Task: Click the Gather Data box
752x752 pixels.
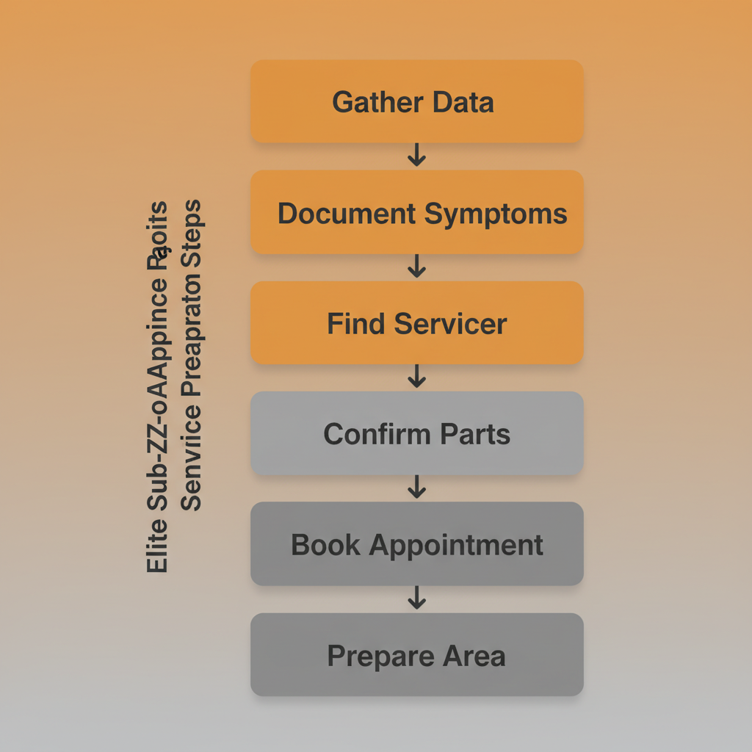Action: tap(416, 101)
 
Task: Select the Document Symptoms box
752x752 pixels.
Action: tap(416, 213)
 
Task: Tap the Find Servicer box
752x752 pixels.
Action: tap(416, 323)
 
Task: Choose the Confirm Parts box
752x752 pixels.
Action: tap(416, 434)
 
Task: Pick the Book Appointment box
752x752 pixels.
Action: tap(416, 544)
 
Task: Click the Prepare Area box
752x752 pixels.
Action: tap(416, 655)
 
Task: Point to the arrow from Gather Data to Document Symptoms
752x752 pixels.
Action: tap(416, 155)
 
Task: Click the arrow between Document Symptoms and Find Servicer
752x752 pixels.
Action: tap(416, 266)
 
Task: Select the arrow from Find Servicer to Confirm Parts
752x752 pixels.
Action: tap(416, 377)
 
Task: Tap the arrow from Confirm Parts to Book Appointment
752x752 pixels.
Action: tap(416, 487)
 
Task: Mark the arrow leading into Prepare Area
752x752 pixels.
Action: tap(416, 598)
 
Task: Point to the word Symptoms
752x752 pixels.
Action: tap(496, 214)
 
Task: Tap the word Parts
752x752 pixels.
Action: tap(475, 434)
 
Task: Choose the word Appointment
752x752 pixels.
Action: tap(456, 546)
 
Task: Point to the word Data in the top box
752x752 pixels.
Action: tap(463, 102)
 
